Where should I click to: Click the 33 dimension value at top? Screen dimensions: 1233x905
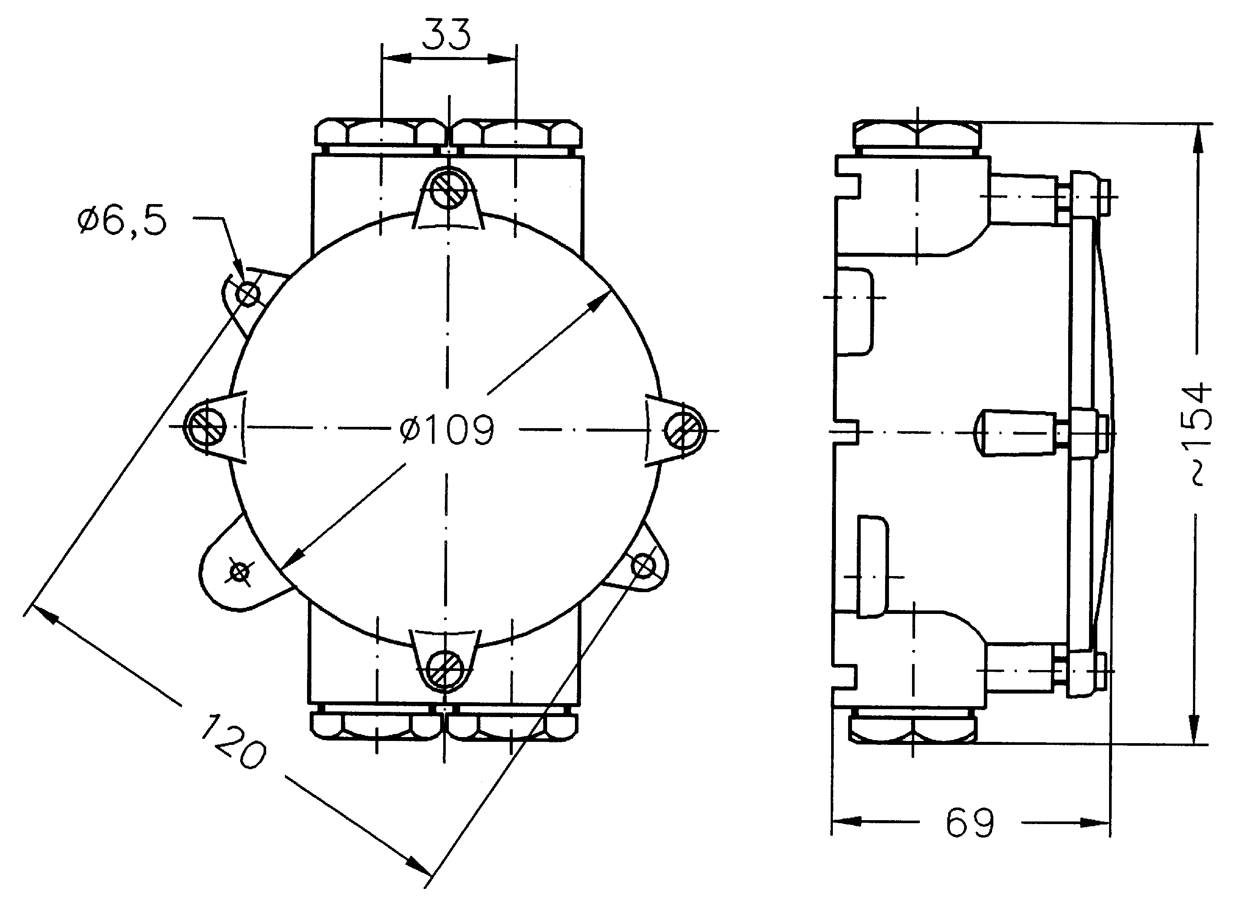tap(446, 34)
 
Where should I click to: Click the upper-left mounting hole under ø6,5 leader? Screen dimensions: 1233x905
tap(247, 294)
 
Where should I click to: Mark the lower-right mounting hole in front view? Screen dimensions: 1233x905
tap(643, 565)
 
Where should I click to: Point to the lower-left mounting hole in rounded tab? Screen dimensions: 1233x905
tap(239, 573)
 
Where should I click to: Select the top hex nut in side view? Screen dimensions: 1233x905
tap(917, 135)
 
